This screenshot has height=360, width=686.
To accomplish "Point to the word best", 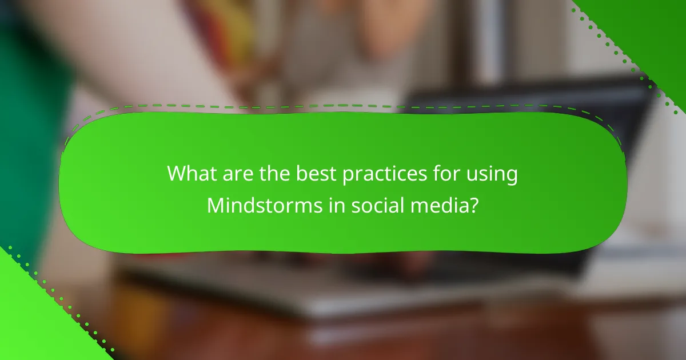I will click(309, 174).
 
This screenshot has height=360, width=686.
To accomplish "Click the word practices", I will click(376, 174).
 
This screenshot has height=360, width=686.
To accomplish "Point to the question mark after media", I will click(473, 205).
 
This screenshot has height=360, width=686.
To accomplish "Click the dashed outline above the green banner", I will click(343, 106).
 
